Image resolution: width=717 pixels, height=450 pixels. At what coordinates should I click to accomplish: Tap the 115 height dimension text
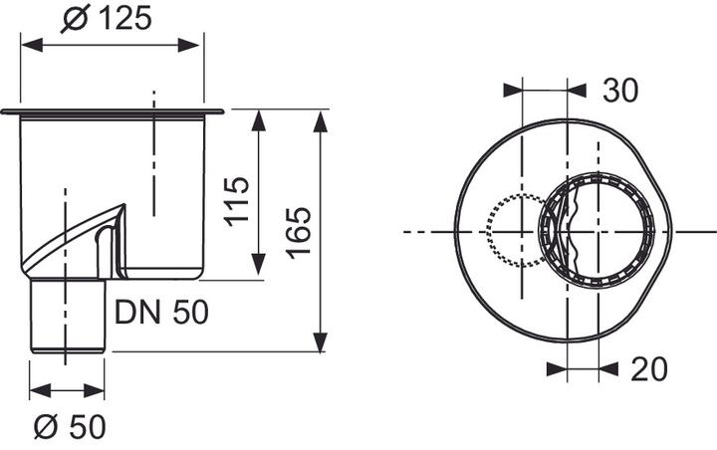coord(235,201)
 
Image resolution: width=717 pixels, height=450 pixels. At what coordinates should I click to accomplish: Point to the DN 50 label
coord(161,313)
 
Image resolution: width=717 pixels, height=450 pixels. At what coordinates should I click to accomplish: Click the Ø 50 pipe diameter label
coord(67,429)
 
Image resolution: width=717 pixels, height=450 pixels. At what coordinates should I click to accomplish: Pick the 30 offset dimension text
coord(618,91)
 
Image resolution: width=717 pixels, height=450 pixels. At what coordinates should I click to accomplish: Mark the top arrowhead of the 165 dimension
coord(321,120)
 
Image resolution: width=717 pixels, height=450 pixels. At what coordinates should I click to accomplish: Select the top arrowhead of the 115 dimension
coord(259,120)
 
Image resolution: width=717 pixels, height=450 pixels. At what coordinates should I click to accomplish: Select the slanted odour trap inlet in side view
coord(75,239)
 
